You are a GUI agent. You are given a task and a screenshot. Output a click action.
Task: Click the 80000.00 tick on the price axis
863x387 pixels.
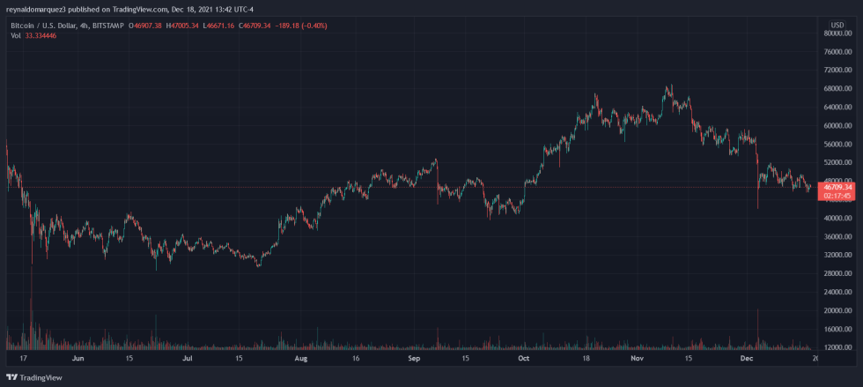[837, 33]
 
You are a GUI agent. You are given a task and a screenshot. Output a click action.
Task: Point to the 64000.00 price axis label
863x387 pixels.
[837, 108]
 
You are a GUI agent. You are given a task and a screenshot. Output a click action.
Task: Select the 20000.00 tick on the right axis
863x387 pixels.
[837, 311]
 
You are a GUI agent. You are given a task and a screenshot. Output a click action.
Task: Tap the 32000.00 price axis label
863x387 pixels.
[837, 256]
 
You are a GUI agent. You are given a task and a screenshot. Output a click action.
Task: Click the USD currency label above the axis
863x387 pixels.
[837, 23]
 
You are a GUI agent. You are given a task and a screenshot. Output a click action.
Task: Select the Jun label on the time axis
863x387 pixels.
[78, 360]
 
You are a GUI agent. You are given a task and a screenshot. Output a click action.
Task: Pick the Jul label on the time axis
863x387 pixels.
[188, 360]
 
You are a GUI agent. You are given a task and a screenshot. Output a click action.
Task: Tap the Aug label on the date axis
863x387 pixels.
[300, 360]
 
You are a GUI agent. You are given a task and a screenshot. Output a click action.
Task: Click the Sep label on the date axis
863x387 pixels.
[413, 360]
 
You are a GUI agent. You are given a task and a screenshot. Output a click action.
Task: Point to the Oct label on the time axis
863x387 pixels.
[523, 360]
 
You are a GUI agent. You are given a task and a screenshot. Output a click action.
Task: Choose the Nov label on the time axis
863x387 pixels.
[636, 360]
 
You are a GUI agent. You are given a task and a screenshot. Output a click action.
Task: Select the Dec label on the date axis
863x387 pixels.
[746, 360]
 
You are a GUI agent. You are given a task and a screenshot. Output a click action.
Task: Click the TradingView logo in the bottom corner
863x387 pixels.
[35, 377]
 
